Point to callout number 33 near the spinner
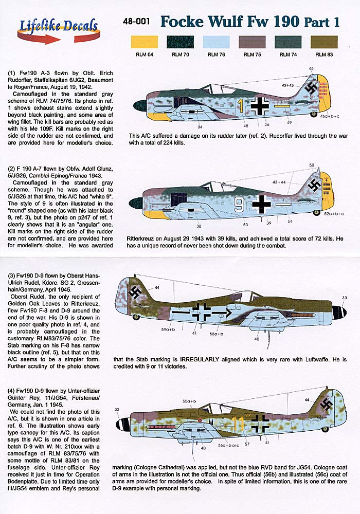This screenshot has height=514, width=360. (344, 298)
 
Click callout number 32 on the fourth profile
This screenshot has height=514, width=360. (117, 410)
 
